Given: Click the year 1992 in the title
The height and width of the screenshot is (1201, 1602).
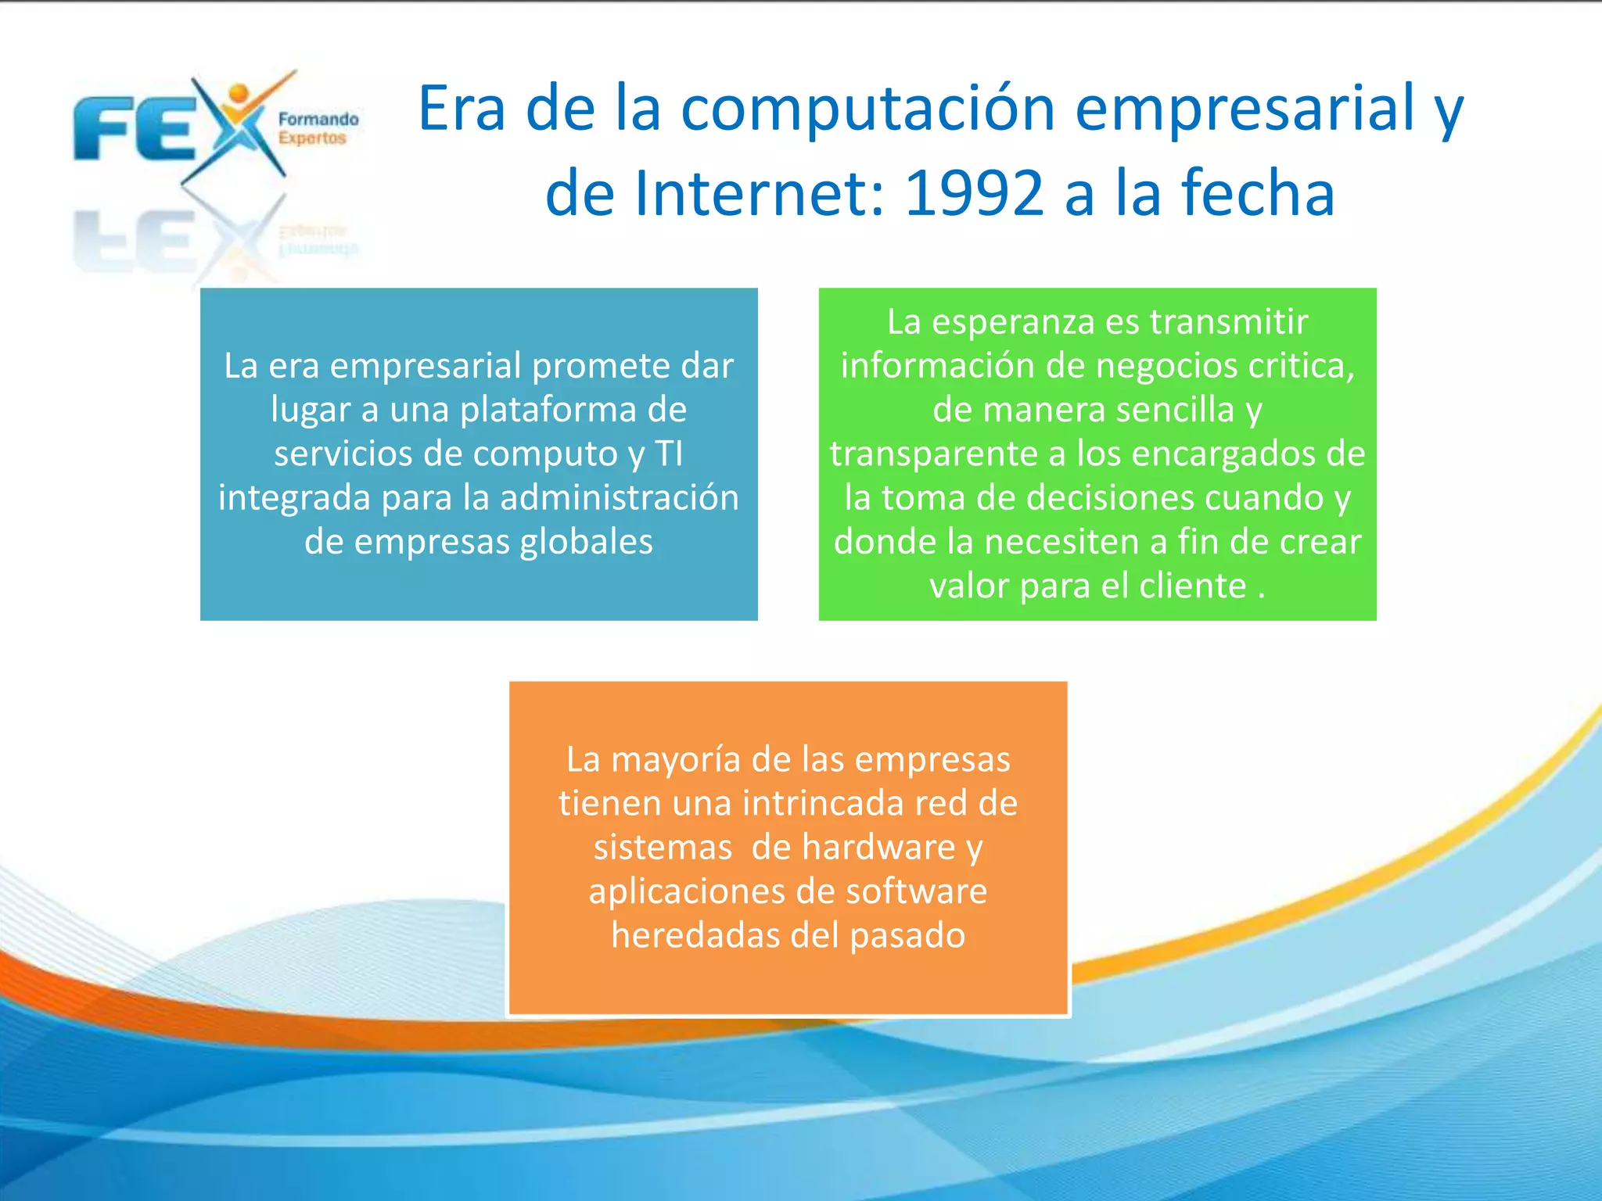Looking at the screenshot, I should pyautogui.click(x=973, y=194).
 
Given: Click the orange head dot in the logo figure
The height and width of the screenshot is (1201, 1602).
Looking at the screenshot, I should pyautogui.click(x=239, y=94).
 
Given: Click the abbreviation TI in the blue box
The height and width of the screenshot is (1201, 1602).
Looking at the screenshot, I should pyautogui.click(x=669, y=454).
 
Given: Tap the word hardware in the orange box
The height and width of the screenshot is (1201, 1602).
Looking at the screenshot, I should pyautogui.click(x=878, y=848).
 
